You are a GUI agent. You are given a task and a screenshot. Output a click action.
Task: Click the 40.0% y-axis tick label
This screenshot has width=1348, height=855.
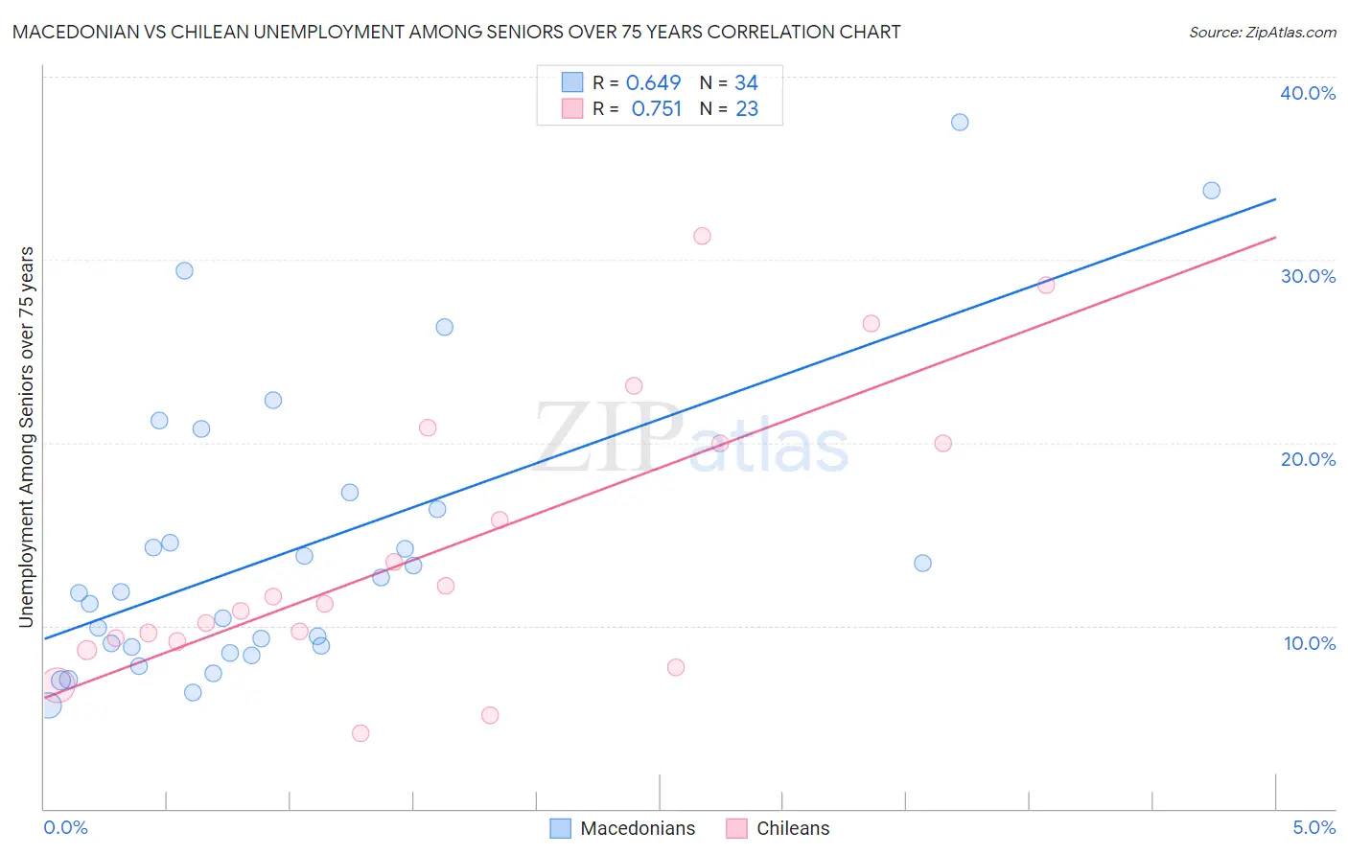click(x=1308, y=93)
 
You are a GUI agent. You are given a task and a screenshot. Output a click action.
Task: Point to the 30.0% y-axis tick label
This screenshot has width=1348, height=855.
click(x=1308, y=276)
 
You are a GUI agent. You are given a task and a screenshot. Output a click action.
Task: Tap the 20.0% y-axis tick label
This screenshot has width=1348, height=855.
click(x=1308, y=459)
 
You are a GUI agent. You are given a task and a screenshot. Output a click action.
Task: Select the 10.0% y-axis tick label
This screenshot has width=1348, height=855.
click(x=1310, y=643)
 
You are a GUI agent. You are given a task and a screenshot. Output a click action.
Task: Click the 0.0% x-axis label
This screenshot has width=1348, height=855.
click(x=65, y=827)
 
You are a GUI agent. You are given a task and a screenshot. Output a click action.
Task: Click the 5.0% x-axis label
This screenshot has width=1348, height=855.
click(x=1313, y=827)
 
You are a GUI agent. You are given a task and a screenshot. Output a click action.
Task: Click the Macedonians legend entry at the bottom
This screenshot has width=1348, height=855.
click(x=638, y=828)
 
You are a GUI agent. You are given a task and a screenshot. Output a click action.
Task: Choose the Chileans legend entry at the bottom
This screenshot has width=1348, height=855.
click(x=793, y=828)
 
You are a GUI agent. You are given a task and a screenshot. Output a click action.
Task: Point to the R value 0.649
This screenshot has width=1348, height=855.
click(x=653, y=82)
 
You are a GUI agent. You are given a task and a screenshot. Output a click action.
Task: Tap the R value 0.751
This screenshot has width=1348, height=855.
click(x=657, y=109)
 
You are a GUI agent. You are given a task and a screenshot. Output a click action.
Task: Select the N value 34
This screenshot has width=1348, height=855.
click(x=746, y=82)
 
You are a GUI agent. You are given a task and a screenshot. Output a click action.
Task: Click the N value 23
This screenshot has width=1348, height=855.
click(x=747, y=109)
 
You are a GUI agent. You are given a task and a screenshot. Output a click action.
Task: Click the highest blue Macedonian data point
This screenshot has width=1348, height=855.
click(x=960, y=122)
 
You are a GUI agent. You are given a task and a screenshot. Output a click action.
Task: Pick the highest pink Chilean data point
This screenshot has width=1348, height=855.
click(x=702, y=236)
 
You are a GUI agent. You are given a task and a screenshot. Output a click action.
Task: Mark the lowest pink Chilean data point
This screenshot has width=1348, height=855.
click(x=360, y=733)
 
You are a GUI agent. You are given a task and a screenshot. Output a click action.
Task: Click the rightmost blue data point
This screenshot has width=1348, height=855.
click(x=1212, y=191)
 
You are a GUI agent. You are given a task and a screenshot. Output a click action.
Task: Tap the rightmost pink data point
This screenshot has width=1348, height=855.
click(x=1046, y=285)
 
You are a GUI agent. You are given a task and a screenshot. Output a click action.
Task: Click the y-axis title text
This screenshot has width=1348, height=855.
click(x=26, y=437)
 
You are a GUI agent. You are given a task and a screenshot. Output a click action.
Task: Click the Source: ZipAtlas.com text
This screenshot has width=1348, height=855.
click(x=1263, y=33)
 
